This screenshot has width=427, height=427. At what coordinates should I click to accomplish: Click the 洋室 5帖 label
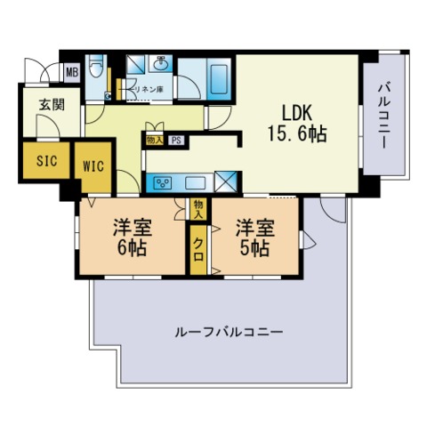click(254, 236)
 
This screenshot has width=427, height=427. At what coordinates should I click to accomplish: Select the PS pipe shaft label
click(177, 140)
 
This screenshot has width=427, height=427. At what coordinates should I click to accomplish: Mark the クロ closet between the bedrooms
click(197, 247)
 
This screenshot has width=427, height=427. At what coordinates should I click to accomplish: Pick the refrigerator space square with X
click(226, 181)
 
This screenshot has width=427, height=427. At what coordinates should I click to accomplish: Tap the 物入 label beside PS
click(155, 140)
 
